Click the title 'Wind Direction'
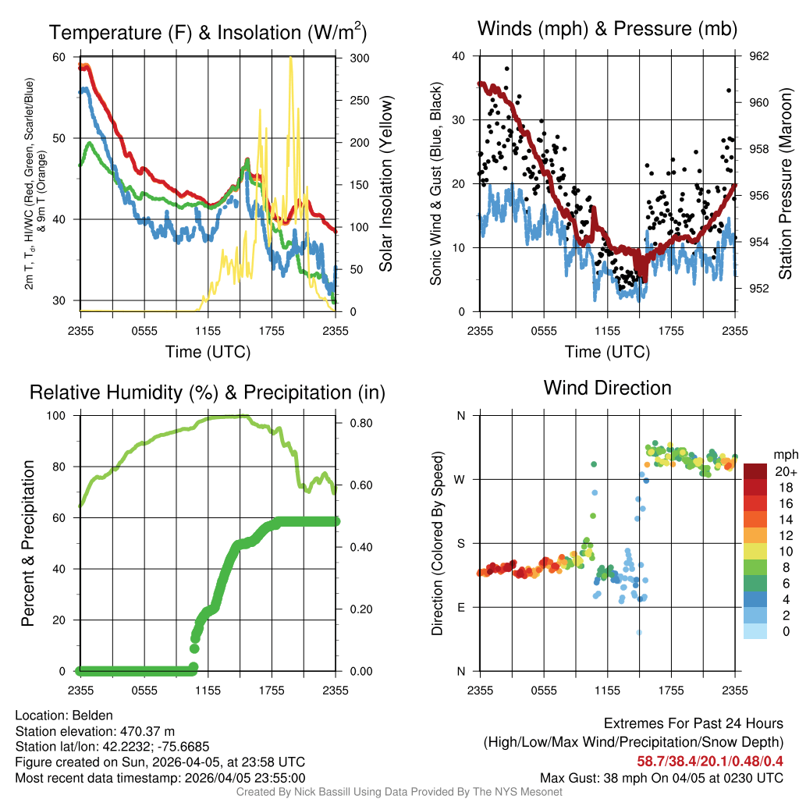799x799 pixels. click(607, 388)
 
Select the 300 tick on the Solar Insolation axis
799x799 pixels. click(352, 58)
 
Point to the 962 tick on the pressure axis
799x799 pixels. click(758, 56)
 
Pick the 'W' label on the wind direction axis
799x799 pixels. click(460, 479)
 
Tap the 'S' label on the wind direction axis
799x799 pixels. click(460, 543)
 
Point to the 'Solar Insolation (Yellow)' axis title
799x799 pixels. click(385, 184)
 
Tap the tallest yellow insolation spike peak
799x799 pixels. click(291, 59)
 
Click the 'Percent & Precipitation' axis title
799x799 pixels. click(28, 543)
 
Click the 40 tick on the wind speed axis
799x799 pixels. click(459, 56)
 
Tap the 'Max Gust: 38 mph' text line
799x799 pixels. click(662, 778)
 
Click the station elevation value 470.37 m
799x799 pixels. click(147, 731)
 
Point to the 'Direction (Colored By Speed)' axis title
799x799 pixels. click(437, 543)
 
